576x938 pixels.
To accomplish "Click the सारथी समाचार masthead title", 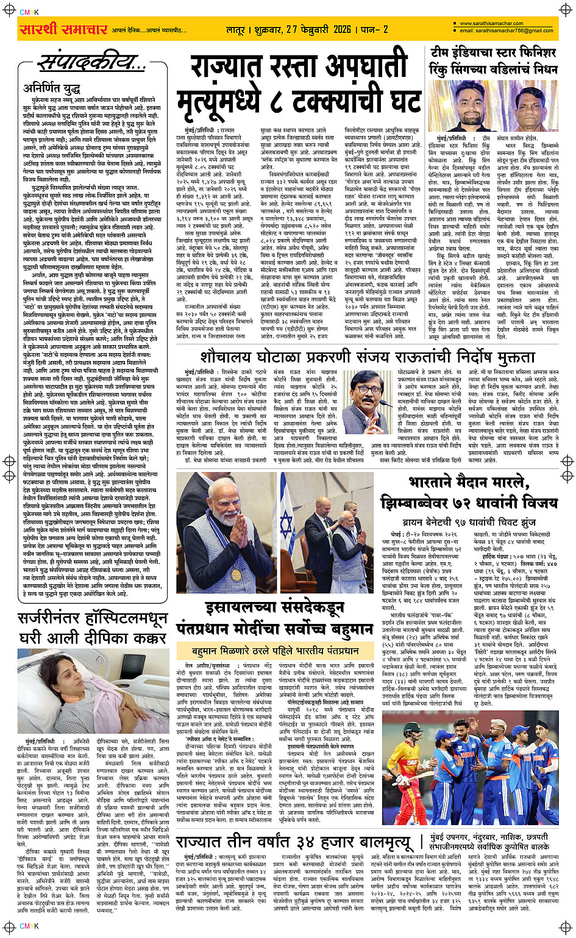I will pyautogui.click(x=63, y=29).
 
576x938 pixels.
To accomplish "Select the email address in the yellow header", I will pyautogui.click(x=506, y=30).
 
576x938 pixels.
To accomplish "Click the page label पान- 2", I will pyautogui.click(x=374, y=29).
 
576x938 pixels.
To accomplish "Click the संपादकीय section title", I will pyautogui.click(x=91, y=62).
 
